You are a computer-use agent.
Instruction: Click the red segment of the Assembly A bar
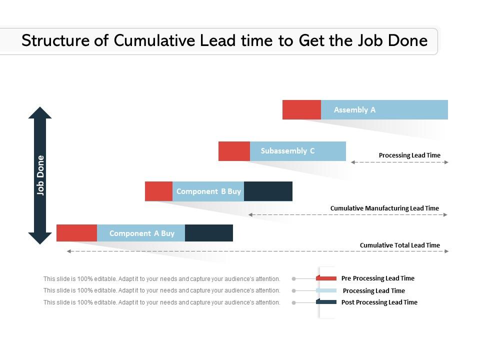point(301,109)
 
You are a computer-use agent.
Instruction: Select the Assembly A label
point(354,110)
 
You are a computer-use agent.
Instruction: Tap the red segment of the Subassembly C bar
point(234,151)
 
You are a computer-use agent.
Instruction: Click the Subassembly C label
point(287,151)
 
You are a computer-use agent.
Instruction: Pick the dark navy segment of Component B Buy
point(268,191)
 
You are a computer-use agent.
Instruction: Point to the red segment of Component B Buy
point(158,191)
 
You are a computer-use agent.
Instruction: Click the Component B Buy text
point(208,191)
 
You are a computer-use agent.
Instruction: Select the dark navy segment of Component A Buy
point(209,233)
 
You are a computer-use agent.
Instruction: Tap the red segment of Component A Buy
point(76,233)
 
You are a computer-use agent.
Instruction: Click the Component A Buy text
point(142,233)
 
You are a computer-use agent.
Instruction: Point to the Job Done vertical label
point(40,175)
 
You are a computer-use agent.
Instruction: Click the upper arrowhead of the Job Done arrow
point(40,113)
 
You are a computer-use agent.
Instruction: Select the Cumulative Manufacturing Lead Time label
point(384,208)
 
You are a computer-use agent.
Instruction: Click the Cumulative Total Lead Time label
point(399,245)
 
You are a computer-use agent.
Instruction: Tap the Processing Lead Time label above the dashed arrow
point(409,155)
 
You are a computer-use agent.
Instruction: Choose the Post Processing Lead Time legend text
point(379,302)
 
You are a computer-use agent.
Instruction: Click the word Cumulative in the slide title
point(155,40)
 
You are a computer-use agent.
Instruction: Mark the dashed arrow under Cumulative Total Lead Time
point(257,251)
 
